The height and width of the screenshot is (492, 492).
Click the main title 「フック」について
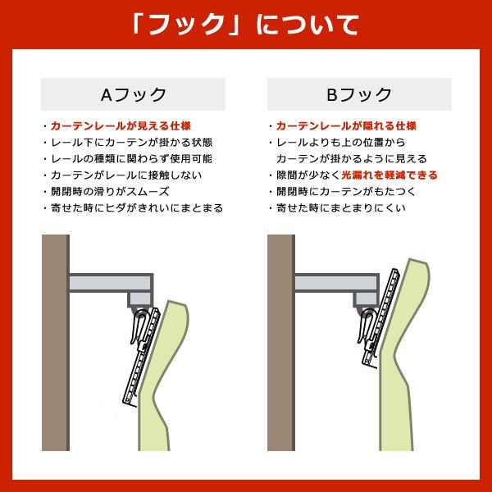[246, 24]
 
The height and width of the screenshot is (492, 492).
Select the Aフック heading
[133, 94]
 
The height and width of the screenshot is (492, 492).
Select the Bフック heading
[359, 94]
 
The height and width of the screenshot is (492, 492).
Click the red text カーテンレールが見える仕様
[121, 126]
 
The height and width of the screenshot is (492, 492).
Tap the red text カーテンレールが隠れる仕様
[346, 126]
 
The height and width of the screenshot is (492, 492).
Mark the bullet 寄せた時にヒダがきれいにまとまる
[136, 208]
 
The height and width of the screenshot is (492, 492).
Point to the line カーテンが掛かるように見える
[351, 159]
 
